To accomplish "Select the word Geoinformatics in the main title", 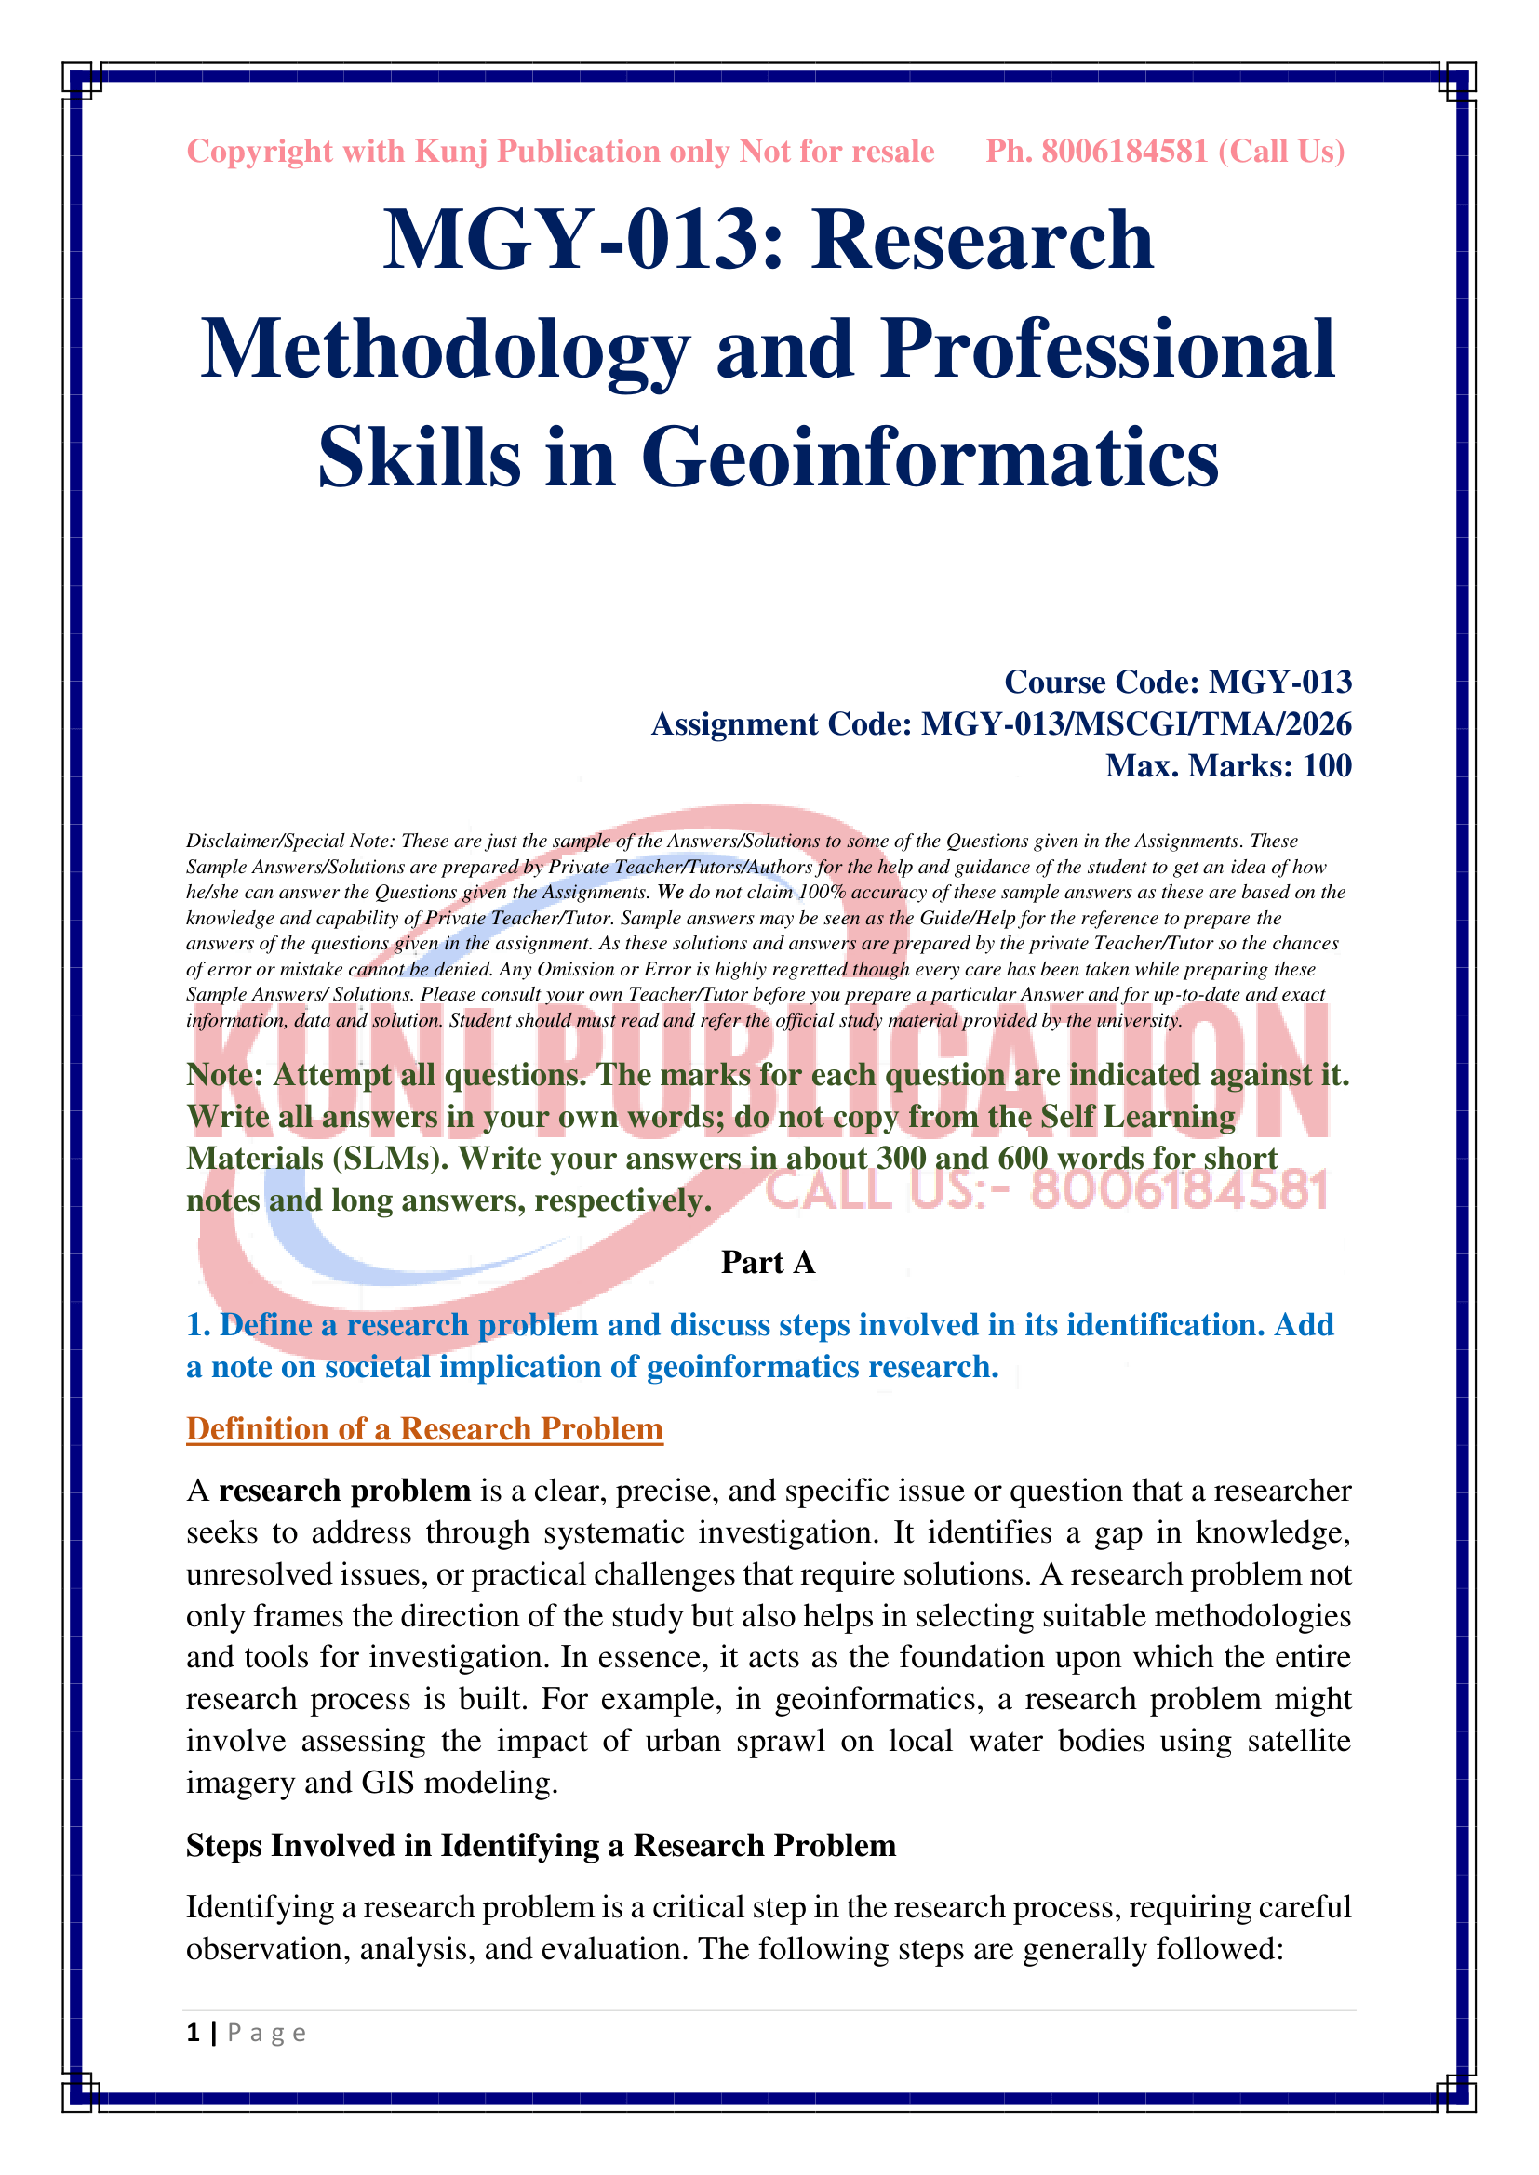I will (930, 458).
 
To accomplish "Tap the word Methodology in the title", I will (446, 349).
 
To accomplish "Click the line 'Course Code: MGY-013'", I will (1178, 682).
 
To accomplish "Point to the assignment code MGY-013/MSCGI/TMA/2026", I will (1136, 723).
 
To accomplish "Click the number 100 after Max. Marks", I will (1327, 765).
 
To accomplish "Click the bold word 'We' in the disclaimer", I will (670, 893).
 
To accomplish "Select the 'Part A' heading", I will (768, 1263).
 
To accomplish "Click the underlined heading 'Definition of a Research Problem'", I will (424, 1428).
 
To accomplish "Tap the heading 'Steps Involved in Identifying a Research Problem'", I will (542, 1845).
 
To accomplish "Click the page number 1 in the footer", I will (194, 2033).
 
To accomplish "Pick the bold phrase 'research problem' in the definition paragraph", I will (345, 1491).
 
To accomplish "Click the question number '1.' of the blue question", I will (198, 1325).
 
